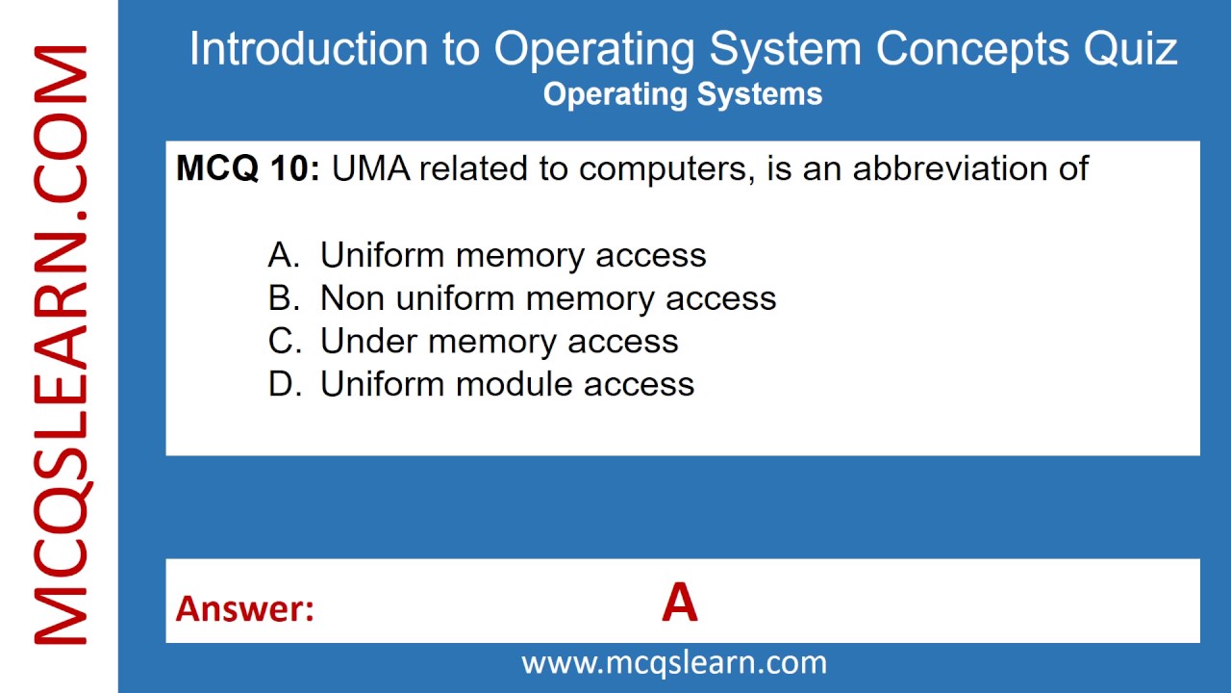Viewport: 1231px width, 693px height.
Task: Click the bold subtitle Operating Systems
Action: (x=683, y=94)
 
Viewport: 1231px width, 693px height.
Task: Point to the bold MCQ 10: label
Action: (x=248, y=168)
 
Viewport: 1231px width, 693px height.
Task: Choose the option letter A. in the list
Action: (x=284, y=255)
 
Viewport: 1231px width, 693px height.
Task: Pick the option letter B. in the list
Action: (x=284, y=298)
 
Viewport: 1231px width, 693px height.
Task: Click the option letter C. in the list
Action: (x=284, y=341)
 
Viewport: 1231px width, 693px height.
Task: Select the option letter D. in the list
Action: (x=284, y=384)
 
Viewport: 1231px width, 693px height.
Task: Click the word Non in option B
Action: (x=352, y=298)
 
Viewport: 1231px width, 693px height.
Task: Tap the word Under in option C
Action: (x=369, y=341)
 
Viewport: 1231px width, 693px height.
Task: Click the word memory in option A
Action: (x=520, y=255)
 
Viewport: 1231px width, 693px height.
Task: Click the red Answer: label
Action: (x=245, y=608)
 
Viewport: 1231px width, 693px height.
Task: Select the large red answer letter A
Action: (x=679, y=603)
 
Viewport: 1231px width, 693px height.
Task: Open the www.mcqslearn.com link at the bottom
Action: (x=674, y=662)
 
